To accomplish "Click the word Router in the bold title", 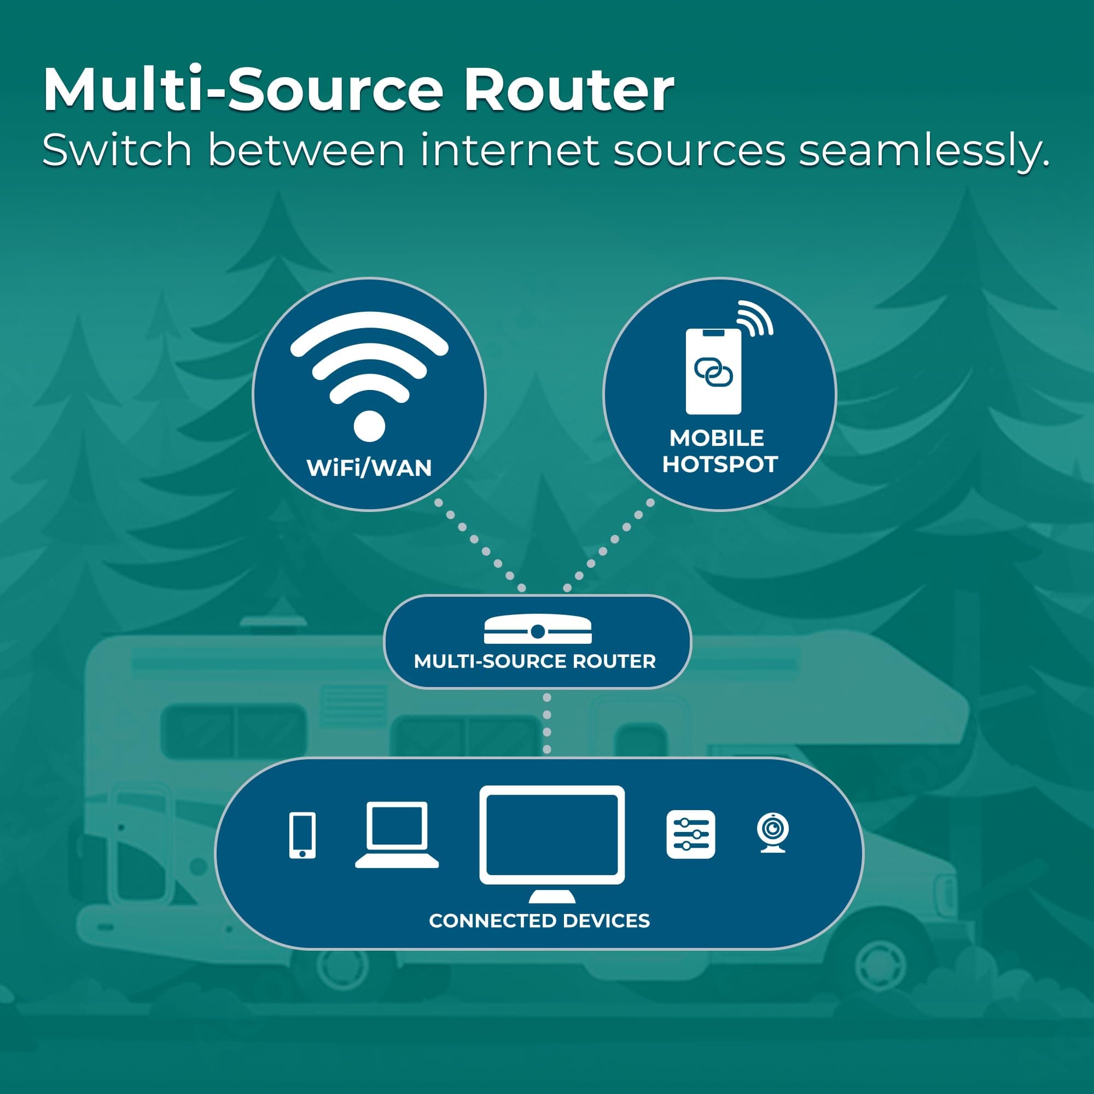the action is [568, 90].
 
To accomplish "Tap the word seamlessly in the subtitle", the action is [923, 150].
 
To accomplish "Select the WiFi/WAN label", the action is [369, 468].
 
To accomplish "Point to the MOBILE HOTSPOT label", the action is [720, 451].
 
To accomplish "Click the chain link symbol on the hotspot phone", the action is [713, 372].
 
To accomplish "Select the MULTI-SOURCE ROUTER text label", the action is [534, 661].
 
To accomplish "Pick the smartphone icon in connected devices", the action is [302, 835].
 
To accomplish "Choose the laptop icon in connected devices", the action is [397, 835].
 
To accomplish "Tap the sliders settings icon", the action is [691, 834].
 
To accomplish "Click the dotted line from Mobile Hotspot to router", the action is [609, 545].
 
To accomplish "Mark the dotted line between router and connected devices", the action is [547, 724].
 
